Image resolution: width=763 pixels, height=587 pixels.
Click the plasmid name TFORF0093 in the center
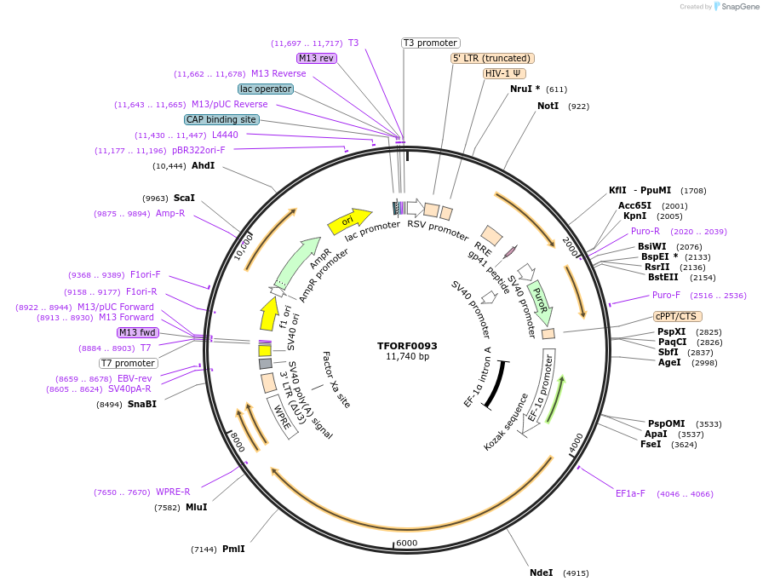tap(407, 346)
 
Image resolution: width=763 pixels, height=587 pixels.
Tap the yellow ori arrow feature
tap(349, 222)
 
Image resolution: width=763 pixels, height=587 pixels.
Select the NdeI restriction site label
tap(542, 573)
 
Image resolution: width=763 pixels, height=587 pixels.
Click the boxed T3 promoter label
tap(430, 43)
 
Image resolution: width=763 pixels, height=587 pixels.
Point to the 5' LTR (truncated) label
tap(492, 58)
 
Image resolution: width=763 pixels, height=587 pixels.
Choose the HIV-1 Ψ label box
tap(503, 73)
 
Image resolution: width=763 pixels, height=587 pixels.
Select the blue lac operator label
tap(266, 89)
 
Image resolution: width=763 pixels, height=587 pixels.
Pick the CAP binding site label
tap(221, 120)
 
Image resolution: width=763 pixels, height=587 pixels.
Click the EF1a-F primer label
tap(630, 493)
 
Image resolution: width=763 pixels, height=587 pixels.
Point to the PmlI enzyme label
tap(233, 549)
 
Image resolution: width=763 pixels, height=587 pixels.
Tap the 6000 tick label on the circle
tap(407, 543)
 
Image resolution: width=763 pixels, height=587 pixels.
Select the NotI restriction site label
tap(548, 106)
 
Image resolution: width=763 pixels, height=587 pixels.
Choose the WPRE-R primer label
tap(173, 492)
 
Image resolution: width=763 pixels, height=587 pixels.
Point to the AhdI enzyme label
tap(203, 165)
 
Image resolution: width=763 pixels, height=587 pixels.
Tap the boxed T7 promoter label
tap(128, 363)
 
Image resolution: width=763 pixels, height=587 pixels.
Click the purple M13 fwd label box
tap(138, 332)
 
